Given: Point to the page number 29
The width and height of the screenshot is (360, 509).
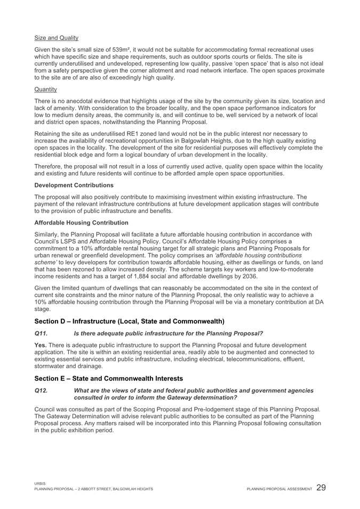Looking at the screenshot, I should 322,488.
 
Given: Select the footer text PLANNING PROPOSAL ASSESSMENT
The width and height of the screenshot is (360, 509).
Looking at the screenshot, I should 279,489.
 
